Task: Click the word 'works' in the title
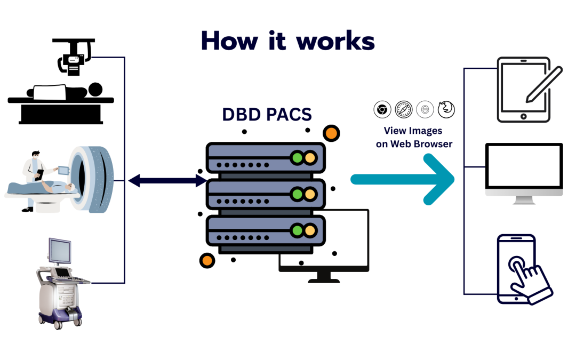[335, 41]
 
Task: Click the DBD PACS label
[267, 115]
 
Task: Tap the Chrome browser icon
[381, 110]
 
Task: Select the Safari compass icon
[404, 110]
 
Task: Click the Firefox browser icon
[446, 110]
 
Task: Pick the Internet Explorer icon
[425, 110]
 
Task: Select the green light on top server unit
[296, 157]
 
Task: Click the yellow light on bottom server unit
[310, 230]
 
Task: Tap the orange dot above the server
[332, 133]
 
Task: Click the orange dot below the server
[206, 261]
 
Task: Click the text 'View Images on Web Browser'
[413, 137]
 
